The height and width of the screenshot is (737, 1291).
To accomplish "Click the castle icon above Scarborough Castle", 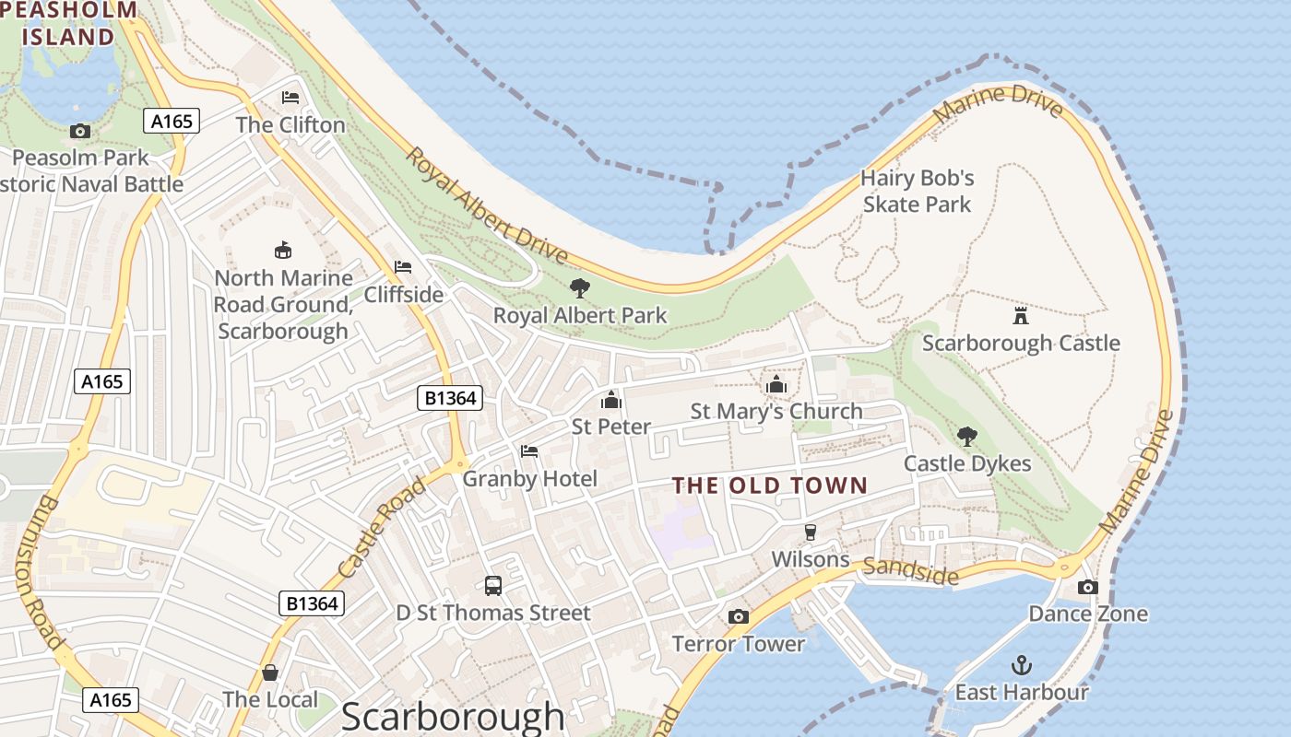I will tap(1020, 316).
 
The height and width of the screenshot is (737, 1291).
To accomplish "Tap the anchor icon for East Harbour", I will tap(1021, 665).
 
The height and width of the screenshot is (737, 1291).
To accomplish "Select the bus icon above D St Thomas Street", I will tap(493, 586).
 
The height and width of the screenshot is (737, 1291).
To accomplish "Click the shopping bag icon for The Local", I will tap(270, 673).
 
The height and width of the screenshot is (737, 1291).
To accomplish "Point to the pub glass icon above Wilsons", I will tap(811, 532).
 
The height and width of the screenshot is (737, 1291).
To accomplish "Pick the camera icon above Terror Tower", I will tap(738, 616).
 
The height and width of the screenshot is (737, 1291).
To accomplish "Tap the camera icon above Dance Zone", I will tap(1088, 587).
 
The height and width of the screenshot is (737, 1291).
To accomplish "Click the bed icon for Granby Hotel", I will tap(529, 451).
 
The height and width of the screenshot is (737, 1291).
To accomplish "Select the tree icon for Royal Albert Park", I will tap(579, 288).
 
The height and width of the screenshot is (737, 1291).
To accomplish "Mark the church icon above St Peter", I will tap(610, 400).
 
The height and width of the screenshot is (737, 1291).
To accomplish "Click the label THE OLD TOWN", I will tap(770, 485).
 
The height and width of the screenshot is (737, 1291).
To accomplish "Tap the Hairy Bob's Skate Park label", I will tap(917, 191).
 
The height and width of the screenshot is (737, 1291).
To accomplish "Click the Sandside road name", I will tap(910, 571).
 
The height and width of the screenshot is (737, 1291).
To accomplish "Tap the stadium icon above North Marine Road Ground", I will tap(283, 250).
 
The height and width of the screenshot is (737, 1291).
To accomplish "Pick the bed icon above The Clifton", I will tap(290, 98).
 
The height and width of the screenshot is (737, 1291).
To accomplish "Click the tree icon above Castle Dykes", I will tap(966, 436).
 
